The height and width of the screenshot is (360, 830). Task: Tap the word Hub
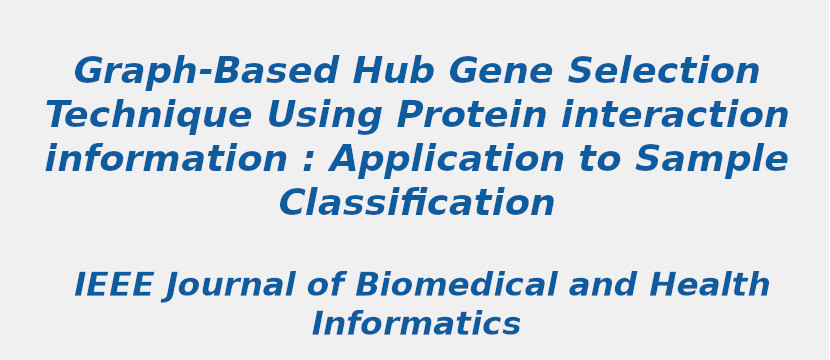click(x=393, y=72)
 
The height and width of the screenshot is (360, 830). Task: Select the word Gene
click(x=500, y=72)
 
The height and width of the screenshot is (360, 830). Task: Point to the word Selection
click(x=664, y=72)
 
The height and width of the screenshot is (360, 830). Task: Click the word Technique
click(x=148, y=116)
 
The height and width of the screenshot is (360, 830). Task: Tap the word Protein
click(x=470, y=116)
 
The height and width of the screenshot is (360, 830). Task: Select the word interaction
click(x=675, y=116)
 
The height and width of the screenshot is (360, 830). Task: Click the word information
click(x=166, y=160)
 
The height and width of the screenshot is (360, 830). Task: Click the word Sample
click(x=712, y=160)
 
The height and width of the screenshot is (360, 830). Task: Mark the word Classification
click(x=417, y=204)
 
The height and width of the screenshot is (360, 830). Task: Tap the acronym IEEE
click(x=114, y=286)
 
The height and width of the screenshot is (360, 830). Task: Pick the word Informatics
click(x=416, y=325)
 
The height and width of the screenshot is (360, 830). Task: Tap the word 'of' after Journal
click(x=325, y=286)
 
